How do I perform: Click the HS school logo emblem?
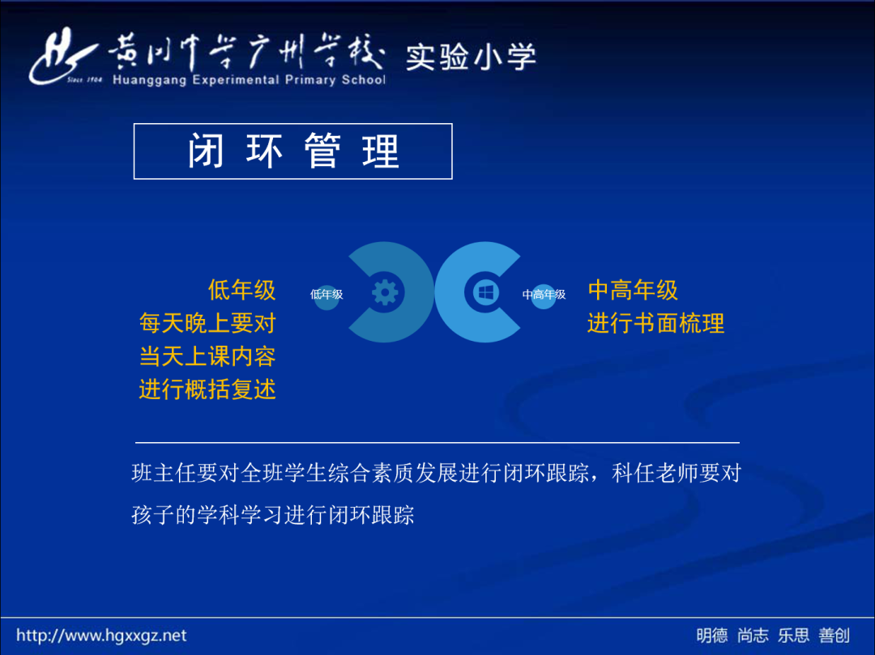(x=64, y=57)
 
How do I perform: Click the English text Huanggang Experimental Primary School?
(x=249, y=79)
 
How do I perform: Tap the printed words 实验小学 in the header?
(x=471, y=57)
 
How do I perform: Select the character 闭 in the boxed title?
(x=206, y=151)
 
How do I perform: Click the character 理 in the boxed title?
(x=381, y=151)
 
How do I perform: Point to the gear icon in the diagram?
(x=385, y=292)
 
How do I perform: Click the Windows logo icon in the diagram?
(x=485, y=292)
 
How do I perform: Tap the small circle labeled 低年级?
(x=327, y=295)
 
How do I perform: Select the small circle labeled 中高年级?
(x=544, y=295)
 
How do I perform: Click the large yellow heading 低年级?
(x=241, y=290)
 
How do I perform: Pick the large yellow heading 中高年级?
(x=633, y=290)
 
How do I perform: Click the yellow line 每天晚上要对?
(x=207, y=323)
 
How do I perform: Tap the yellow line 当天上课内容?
(x=207, y=356)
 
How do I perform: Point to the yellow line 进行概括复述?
(x=207, y=389)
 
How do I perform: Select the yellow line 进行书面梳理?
(x=655, y=323)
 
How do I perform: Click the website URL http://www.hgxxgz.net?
(x=101, y=636)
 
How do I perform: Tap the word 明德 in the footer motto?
(x=712, y=636)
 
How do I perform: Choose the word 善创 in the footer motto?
(x=834, y=636)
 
